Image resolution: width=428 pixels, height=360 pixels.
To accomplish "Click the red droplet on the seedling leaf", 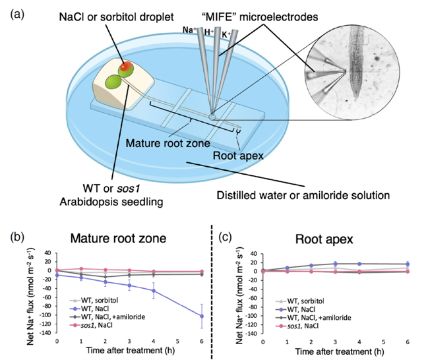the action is (x=127, y=67).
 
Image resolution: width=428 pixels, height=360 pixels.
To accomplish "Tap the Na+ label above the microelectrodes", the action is (x=189, y=30).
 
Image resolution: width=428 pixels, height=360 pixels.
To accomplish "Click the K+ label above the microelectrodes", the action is (x=226, y=34).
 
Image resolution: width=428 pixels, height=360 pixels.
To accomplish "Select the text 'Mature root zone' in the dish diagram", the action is (x=168, y=143).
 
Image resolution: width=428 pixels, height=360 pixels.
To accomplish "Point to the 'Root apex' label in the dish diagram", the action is (x=238, y=156).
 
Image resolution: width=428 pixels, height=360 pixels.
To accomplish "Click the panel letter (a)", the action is (x=17, y=14).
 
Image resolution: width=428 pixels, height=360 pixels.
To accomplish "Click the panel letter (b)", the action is (x=17, y=237).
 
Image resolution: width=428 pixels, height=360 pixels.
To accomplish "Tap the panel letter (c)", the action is (x=225, y=237).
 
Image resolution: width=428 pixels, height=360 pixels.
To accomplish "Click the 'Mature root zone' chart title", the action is (x=118, y=238).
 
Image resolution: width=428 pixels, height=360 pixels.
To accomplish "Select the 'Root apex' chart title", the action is (x=324, y=239).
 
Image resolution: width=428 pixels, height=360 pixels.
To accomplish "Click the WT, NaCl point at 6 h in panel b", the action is (x=202, y=316).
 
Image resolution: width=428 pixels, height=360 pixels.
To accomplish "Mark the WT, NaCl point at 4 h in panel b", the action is (x=154, y=291).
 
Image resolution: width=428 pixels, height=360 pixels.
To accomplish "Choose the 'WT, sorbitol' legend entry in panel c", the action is (x=299, y=301).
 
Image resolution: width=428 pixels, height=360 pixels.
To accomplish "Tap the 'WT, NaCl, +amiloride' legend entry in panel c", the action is (x=313, y=318).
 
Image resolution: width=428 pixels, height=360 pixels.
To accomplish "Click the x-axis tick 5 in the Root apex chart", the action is (x=383, y=342).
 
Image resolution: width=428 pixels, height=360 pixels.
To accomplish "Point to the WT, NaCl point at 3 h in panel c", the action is (x=335, y=264).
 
